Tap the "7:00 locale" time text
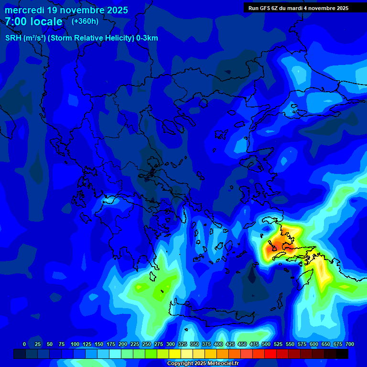[33, 22]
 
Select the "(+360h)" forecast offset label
[85, 21]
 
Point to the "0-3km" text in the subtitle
[147, 38]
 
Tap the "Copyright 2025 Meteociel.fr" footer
[203, 363]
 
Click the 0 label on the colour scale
[24, 344]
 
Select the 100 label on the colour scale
[75, 344]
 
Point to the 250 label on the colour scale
[146, 344]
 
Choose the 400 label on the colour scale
[218, 344]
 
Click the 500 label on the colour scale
[266, 344]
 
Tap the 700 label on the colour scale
[350, 344]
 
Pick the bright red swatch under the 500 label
[270, 354]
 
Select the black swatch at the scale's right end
[342, 354]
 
